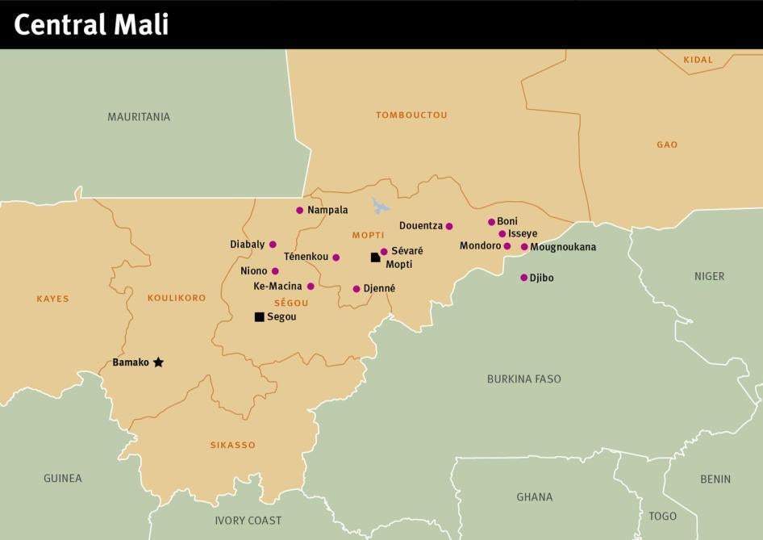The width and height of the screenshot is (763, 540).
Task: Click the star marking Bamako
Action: coord(158,362)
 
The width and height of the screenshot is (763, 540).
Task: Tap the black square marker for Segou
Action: coord(259,317)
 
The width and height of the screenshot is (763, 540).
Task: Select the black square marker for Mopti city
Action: coord(375,257)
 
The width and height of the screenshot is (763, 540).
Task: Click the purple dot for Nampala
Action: coord(300,210)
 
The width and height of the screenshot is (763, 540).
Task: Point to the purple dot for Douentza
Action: coord(449,226)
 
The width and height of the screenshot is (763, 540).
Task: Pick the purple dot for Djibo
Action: coord(523,278)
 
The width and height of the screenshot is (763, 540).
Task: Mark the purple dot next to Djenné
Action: coord(356,288)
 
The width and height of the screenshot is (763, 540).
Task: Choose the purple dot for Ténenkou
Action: coord(336,257)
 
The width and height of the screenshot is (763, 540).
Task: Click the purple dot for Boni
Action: coord(491,222)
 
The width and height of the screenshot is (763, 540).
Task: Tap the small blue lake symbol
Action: coord(380,205)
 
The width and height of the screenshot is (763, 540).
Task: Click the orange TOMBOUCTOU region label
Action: coord(411,115)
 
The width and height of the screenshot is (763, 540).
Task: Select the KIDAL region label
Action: coord(698,60)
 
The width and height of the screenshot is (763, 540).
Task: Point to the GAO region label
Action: coord(667,144)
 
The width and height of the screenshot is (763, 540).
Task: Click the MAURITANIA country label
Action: coord(139,117)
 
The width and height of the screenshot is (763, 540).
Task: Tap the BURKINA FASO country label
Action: coord(523,379)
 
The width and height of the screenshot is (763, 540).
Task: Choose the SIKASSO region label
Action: coord(232,445)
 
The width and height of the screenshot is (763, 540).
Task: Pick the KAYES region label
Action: coord(53,299)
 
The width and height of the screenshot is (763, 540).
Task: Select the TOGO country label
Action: coord(662,516)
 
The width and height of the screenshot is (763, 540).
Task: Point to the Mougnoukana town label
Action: coord(563,247)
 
